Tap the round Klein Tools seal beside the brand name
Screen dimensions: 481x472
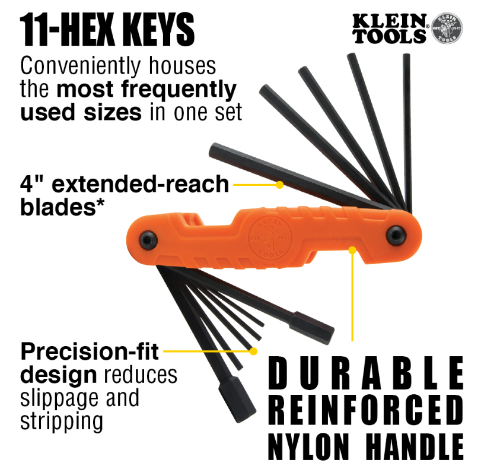coord(447,28)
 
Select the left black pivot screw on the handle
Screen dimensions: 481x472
coord(148,239)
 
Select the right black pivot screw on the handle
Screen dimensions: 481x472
coord(396,235)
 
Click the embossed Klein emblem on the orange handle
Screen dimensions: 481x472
coord(270,238)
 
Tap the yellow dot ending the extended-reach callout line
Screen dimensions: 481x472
coord(279,185)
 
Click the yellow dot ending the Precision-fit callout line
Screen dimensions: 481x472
coord(253,351)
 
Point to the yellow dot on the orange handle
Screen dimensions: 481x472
coord(352,251)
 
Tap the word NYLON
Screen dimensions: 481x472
coord(309,446)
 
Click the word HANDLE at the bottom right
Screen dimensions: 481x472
coord(415,446)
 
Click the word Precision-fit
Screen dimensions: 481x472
coord(90,351)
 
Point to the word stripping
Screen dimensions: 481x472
coord(62,422)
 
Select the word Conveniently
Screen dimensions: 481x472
coord(81,66)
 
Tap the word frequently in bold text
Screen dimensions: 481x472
coord(179,90)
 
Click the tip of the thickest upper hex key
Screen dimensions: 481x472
coord(212,149)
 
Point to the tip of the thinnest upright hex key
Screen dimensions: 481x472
coord(406,55)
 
